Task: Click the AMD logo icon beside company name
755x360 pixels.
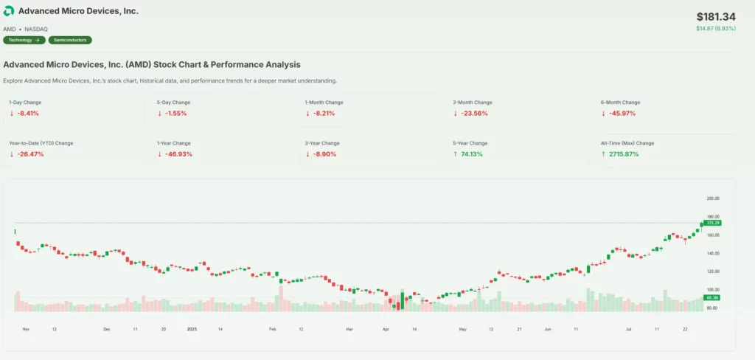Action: click(x=9, y=12)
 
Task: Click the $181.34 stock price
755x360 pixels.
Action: click(x=716, y=16)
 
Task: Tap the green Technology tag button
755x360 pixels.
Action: click(x=24, y=40)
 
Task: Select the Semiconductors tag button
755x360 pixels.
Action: click(x=72, y=40)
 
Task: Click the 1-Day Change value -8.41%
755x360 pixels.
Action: click(x=28, y=114)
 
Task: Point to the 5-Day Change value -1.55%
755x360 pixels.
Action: click(x=175, y=114)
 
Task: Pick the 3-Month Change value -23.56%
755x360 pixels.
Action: click(x=473, y=114)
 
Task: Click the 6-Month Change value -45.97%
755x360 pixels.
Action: click(x=622, y=114)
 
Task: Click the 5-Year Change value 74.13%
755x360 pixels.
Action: click(x=471, y=154)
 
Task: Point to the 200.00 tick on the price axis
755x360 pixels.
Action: click(x=712, y=198)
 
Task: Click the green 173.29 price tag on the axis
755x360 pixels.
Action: click(x=712, y=222)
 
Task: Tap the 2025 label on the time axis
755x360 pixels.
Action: click(x=192, y=328)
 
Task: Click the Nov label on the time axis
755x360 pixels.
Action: click(x=26, y=328)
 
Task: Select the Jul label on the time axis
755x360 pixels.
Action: click(x=628, y=328)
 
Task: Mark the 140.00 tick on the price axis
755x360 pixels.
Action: click(x=712, y=253)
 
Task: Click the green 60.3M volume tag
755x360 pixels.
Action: click(x=712, y=297)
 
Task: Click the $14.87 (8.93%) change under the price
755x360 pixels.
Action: click(x=716, y=29)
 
